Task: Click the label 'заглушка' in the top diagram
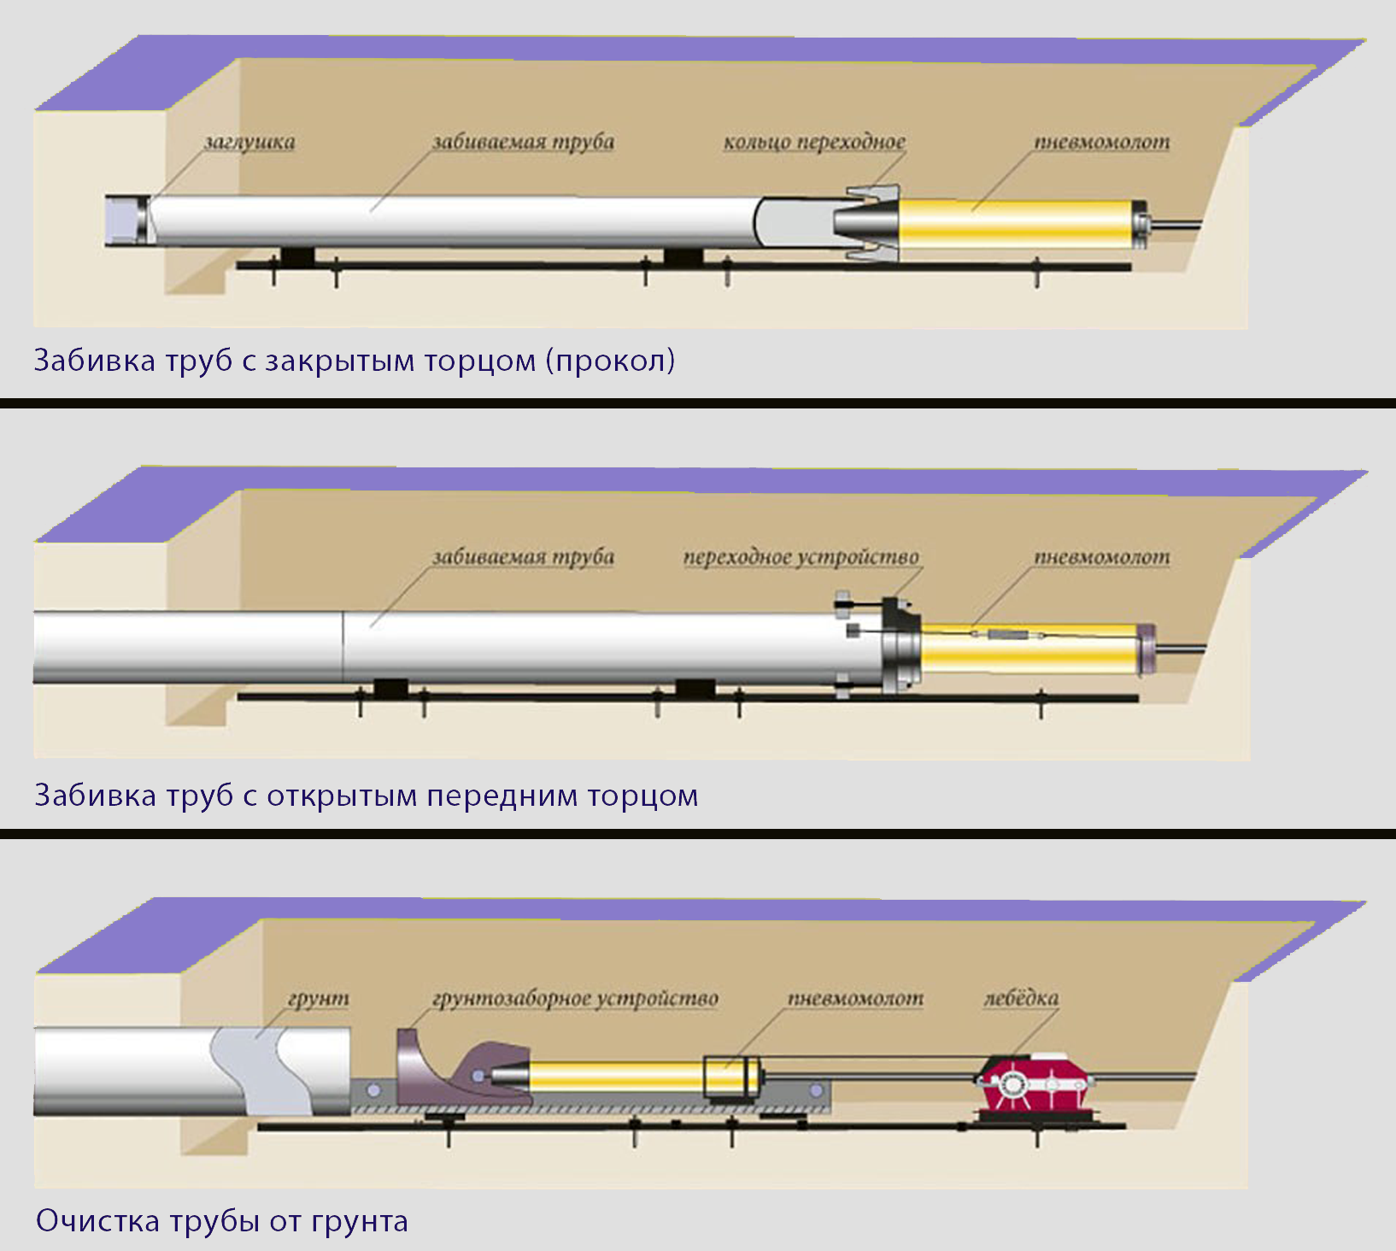click(x=249, y=142)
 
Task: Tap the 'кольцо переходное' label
click(x=814, y=142)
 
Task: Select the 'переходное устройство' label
click(x=801, y=557)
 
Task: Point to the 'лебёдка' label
click(x=1021, y=998)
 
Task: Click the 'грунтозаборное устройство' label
click(x=575, y=998)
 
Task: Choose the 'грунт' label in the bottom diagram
click(x=319, y=998)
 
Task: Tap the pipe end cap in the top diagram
click(x=126, y=221)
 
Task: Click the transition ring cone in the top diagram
click(x=867, y=223)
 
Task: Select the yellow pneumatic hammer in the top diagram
click(x=1017, y=224)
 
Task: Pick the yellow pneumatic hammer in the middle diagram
click(x=1029, y=647)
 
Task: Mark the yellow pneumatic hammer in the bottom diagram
click(x=615, y=1077)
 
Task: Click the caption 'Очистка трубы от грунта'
click(x=222, y=1220)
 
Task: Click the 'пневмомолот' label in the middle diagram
click(x=1102, y=557)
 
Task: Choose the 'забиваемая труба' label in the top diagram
click(x=523, y=142)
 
